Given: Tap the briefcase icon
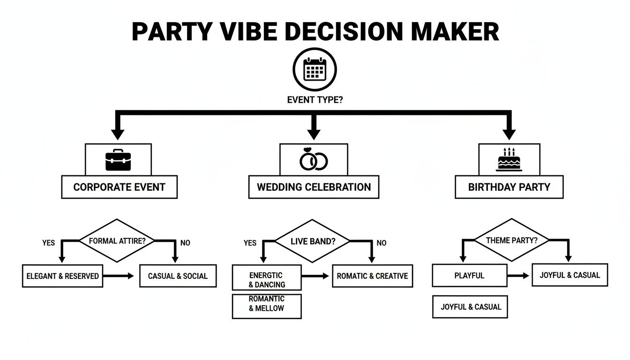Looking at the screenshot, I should (118, 160).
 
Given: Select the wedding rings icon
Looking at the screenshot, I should (314, 159).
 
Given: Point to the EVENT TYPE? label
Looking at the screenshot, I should (315, 100).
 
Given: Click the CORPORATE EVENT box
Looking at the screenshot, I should (119, 187).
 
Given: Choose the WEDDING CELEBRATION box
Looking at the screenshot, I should (314, 187).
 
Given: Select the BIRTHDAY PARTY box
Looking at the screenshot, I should (509, 187).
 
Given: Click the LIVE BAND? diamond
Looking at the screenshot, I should (312, 241).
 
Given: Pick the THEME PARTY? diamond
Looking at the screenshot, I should (511, 240).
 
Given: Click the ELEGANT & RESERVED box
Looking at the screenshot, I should (62, 276).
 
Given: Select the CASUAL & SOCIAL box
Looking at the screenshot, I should (178, 276).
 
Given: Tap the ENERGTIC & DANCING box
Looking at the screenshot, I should (266, 279).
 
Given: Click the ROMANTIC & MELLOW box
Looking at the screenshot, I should (266, 304).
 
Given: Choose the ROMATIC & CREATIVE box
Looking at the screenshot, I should (372, 276).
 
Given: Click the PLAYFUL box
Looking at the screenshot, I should (469, 276).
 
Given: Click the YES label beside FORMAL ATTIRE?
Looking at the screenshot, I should (48, 243).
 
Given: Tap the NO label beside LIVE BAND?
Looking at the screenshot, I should (382, 243).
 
